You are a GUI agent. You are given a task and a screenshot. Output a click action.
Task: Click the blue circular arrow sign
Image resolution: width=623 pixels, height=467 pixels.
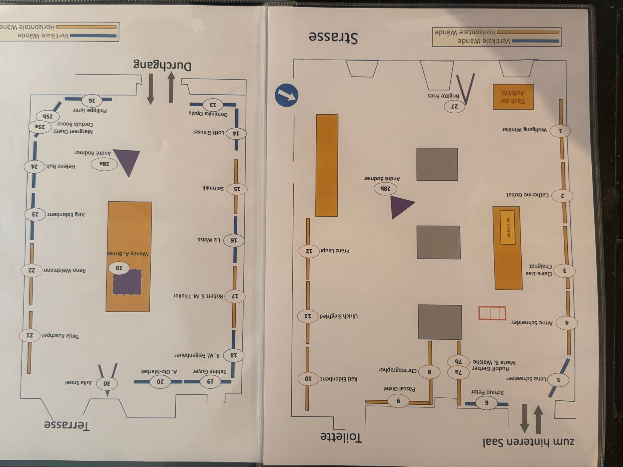(x=286, y=95)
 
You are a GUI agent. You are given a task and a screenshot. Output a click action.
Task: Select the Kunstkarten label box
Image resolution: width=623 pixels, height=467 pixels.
(x=507, y=227)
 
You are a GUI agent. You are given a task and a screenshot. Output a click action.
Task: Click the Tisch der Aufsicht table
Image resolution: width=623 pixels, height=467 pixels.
(x=513, y=97)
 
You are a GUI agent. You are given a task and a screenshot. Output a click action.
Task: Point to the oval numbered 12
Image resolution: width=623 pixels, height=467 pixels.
(x=309, y=251)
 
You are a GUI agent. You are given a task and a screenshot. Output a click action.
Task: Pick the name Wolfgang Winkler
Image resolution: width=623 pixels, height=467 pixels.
(x=524, y=130)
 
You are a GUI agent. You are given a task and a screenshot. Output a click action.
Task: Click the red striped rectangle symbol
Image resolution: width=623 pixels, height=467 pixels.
(x=492, y=313)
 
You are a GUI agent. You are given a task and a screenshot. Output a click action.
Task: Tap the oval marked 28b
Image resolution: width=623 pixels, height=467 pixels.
(x=385, y=189)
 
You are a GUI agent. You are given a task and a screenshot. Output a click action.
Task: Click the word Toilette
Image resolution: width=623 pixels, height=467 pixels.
(x=341, y=438)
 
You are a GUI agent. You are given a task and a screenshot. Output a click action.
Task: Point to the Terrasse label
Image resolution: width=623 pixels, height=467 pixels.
(x=67, y=425)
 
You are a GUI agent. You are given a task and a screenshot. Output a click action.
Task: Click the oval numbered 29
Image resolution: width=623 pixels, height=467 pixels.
(x=120, y=268)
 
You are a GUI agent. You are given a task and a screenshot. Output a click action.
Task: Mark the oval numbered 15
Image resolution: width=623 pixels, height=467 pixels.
(x=236, y=189)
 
